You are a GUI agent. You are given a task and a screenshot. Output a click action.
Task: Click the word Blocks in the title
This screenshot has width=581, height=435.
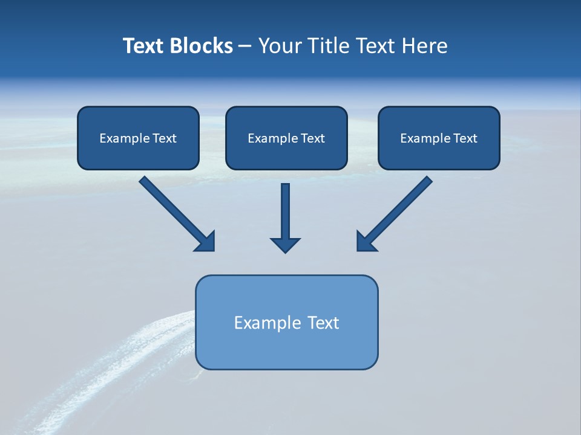pos(203,46)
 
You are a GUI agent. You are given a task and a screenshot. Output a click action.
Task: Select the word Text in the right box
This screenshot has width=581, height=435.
pos(465,138)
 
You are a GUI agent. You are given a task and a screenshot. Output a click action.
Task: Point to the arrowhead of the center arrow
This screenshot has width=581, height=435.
pos(285,245)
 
